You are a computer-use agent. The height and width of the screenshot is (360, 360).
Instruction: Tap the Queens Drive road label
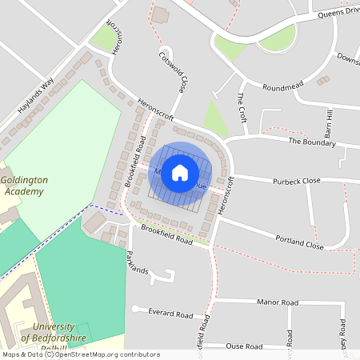click(339, 13)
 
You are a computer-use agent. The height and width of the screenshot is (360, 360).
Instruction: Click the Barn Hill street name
click(328, 123)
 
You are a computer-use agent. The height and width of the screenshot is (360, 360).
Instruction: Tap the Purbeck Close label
click(296, 181)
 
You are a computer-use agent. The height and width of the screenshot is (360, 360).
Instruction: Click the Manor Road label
click(278, 302)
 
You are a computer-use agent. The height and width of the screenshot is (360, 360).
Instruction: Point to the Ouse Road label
click(245, 346)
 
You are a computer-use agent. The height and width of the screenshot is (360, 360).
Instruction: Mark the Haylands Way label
click(35, 94)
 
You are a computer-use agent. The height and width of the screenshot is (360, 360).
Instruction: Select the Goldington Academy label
click(23, 186)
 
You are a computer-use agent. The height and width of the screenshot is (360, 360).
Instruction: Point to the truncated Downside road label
click(347, 60)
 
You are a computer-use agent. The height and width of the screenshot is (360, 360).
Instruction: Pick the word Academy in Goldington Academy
click(23, 192)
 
